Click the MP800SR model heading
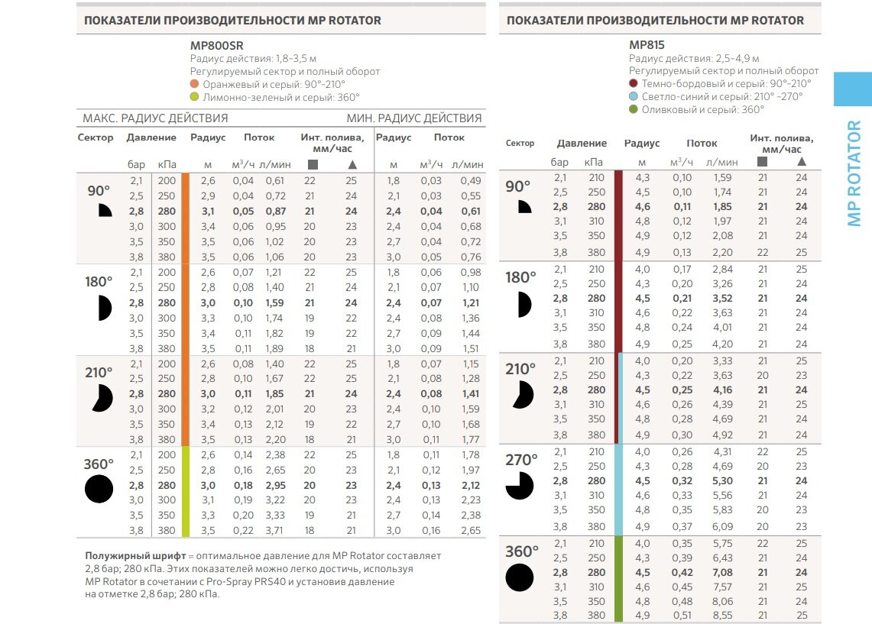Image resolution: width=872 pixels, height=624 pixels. [x=216, y=45]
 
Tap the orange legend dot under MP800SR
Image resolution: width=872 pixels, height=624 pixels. [x=195, y=84]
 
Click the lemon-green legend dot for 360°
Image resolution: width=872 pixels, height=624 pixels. [x=195, y=97]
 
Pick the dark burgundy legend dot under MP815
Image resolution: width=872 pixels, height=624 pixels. [x=634, y=84]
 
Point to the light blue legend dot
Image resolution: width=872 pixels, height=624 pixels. [x=634, y=97]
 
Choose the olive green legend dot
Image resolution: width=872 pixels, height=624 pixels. [x=634, y=110]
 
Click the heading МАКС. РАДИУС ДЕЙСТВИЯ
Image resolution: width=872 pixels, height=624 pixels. [x=155, y=118]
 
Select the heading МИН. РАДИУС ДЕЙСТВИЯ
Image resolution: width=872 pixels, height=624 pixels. [x=414, y=118]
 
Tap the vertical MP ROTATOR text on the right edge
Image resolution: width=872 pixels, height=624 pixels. [x=854, y=173]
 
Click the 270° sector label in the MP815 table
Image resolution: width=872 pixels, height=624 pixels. [x=521, y=460]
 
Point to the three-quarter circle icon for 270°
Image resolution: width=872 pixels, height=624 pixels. [x=520, y=485]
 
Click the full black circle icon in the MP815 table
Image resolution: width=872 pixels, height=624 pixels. [x=520, y=577]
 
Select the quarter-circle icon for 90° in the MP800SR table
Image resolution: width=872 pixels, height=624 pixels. [x=105, y=211]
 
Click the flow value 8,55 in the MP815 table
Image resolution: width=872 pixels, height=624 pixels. [x=721, y=615]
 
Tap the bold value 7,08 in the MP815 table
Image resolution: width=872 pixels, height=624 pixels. [x=721, y=572]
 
